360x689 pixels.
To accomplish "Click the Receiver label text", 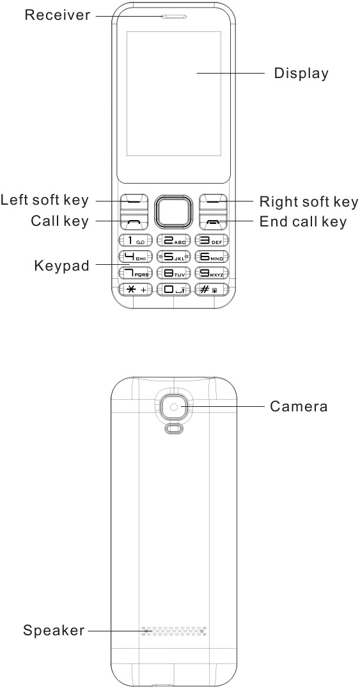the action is click(x=58, y=15).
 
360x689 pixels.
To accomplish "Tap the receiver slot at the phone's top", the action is click(x=175, y=17).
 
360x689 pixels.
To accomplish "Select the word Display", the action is click(x=301, y=73).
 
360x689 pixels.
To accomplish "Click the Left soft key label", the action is click(x=44, y=200).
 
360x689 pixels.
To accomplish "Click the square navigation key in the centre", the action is click(x=174, y=211).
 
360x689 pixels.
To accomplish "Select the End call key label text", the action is click(x=303, y=221).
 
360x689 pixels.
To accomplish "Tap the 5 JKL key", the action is click(x=174, y=257).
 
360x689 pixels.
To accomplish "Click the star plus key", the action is click(x=136, y=290).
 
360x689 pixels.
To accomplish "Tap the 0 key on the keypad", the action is click(x=174, y=290).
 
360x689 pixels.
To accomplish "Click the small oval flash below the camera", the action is click(x=174, y=429).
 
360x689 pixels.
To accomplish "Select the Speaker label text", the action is click(x=54, y=631).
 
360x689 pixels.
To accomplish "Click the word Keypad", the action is click(x=62, y=266).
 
